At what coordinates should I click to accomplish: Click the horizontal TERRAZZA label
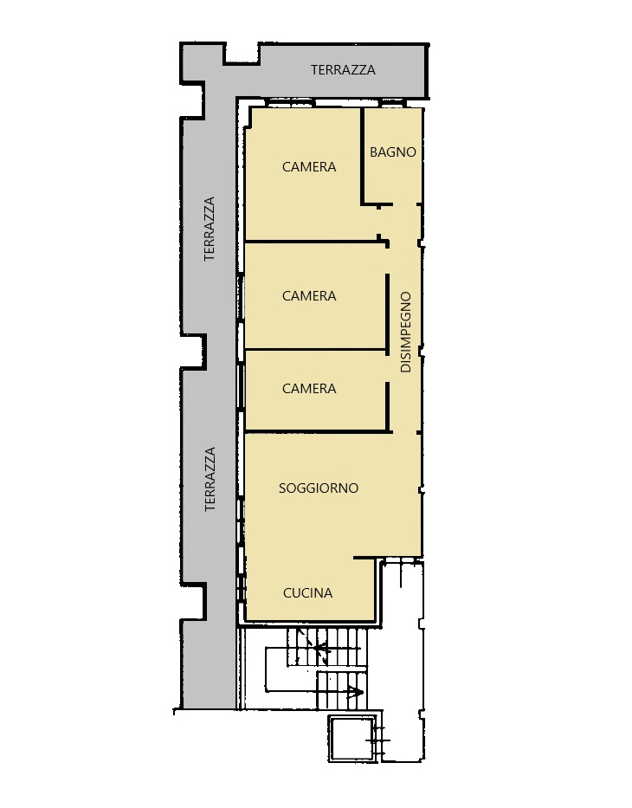pyautogui.click(x=343, y=70)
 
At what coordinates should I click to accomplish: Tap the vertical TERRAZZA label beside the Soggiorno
pyautogui.click(x=210, y=479)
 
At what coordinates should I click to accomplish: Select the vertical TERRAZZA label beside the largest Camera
pyautogui.click(x=210, y=229)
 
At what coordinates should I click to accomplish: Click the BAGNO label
pyautogui.click(x=393, y=152)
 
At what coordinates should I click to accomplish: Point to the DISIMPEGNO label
pyautogui.click(x=406, y=333)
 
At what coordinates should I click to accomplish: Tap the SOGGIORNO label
pyautogui.click(x=319, y=488)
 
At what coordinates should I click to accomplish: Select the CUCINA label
pyautogui.click(x=308, y=593)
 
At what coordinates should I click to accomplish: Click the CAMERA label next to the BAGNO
pyautogui.click(x=309, y=167)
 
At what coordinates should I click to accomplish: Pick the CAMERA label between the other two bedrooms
pyautogui.click(x=309, y=296)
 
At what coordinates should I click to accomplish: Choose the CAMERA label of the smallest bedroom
pyautogui.click(x=309, y=389)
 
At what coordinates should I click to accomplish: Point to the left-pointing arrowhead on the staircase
pyautogui.click(x=320, y=648)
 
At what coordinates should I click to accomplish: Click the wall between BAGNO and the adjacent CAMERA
pyautogui.click(x=363, y=156)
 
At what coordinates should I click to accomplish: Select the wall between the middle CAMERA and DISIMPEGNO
pyautogui.click(x=387, y=313)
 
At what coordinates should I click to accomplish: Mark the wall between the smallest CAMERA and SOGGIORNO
pyautogui.click(x=318, y=431)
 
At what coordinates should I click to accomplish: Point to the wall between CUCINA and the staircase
pyautogui.click(x=311, y=624)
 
